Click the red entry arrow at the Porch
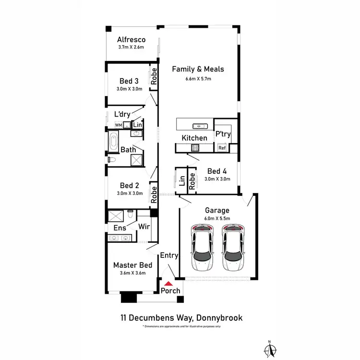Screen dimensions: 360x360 point(167,283)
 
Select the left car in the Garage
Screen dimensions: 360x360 point(202,248)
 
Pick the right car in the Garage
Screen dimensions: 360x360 point(233,248)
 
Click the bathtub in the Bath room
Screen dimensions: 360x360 point(113,142)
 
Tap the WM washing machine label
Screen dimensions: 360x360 point(118,125)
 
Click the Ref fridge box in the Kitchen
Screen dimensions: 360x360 point(222,148)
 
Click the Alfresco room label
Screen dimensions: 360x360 point(131,40)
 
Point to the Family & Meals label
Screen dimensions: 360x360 point(198,69)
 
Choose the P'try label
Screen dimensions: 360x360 point(222,134)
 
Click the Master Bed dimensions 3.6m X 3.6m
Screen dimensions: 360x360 point(132,273)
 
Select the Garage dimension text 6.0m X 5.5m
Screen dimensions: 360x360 point(217,218)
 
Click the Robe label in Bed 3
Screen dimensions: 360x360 point(154,77)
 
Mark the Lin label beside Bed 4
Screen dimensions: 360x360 point(182,181)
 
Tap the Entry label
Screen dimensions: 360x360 point(169,255)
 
